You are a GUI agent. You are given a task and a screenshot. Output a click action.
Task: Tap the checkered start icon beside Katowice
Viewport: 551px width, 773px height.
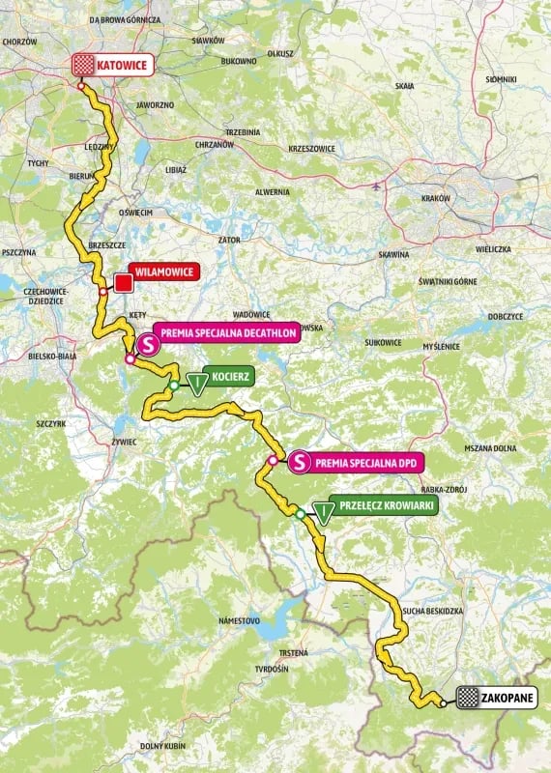tap(84, 66)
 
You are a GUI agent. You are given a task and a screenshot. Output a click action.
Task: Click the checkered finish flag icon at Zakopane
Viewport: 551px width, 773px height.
tap(469, 697)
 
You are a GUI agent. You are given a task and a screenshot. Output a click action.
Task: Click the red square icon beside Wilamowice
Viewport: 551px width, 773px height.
tap(124, 282)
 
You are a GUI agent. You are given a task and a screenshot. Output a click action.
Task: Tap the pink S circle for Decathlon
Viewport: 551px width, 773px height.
tap(148, 343)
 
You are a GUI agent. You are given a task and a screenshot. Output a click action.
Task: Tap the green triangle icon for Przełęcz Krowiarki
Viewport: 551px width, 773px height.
tap(322, 513)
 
